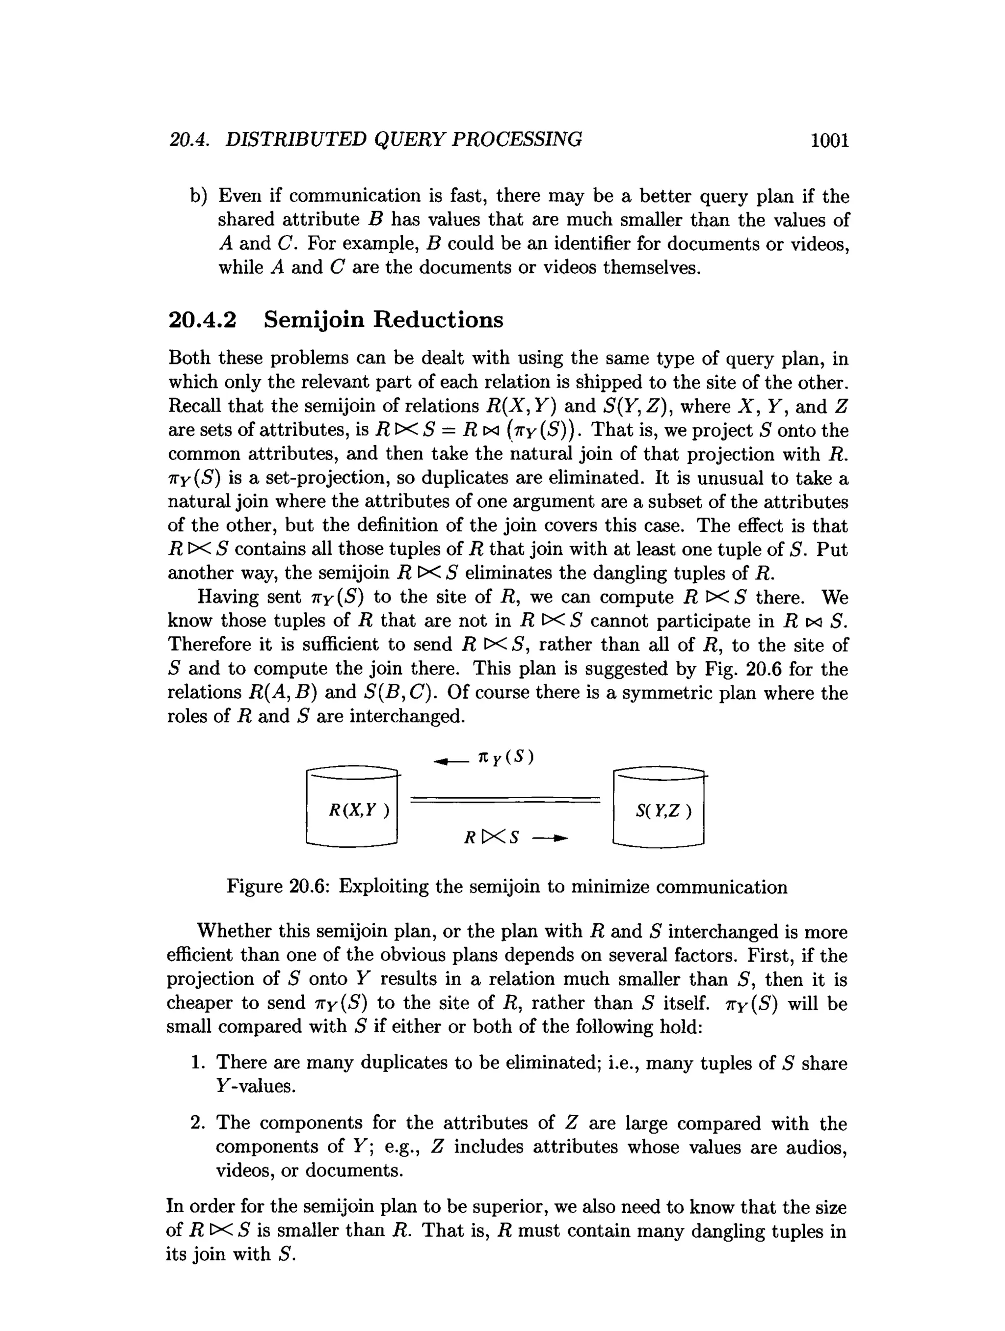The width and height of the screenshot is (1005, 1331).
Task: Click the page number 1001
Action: [x=829, y=140]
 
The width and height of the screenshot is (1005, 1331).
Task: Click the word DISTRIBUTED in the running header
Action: [x=295, y=140]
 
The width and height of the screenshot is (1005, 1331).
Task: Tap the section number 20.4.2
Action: [x=202, y=319]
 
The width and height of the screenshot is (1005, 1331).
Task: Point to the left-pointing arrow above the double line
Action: [x=450, y=762]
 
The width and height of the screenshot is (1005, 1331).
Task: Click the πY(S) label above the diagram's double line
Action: [x=505, y=757]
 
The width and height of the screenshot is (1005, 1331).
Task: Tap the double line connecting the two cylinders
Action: [x=505, y=800]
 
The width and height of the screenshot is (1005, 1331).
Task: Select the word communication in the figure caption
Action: [x=721, y=887]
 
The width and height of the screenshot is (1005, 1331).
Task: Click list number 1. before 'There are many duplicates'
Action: [x=199, y=1063]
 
